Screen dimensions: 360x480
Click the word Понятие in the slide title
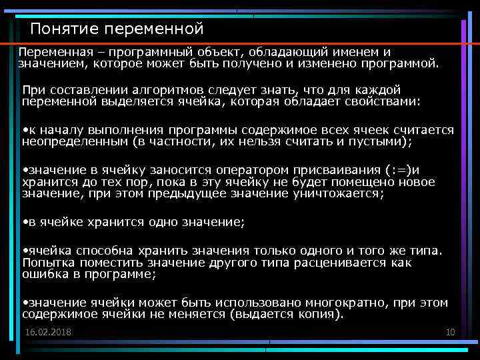point(58,29)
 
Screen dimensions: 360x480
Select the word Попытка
point(47,263)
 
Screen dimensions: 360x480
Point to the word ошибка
point(44,275)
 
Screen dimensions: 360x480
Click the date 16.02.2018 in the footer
point(48,332)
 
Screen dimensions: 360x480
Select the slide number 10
point(450,332)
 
